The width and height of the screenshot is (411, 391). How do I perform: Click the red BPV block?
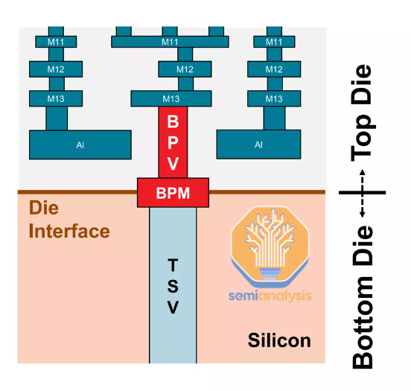173,142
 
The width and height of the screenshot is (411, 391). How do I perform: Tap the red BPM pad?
173,193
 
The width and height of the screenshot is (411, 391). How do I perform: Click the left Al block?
80,144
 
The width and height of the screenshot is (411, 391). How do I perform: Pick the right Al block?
258,144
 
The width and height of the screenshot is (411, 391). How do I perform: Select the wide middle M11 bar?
170,41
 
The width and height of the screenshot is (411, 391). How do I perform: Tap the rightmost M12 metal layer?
275,69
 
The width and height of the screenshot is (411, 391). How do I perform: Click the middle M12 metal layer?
185,69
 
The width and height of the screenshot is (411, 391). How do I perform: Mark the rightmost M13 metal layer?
275,98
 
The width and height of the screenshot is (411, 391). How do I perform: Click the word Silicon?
279,341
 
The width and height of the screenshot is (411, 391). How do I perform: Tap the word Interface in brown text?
69,231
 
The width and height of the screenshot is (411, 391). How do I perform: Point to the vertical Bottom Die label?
363,298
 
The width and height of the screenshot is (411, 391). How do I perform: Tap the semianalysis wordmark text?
270,296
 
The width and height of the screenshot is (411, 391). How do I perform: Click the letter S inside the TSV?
173,287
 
